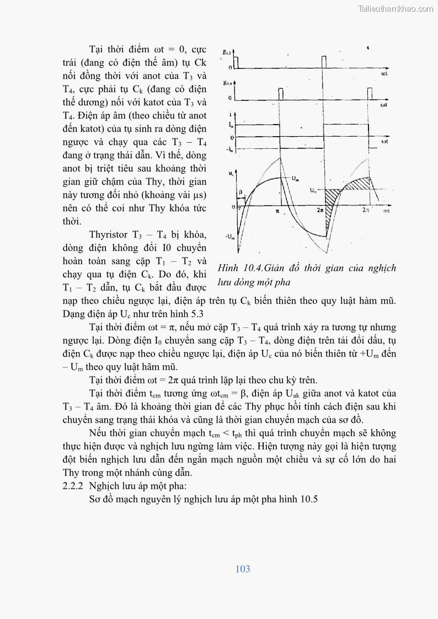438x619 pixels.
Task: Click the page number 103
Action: [242, 569]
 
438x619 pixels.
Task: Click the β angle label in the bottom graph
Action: [241, 192]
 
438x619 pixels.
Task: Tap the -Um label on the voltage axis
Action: [230, 236]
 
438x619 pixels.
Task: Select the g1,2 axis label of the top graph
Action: [226, 51]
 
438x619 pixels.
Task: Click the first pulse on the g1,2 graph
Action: [237, 61]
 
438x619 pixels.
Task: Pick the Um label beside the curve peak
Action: [296, 178]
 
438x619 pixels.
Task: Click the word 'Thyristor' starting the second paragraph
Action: [109, 234]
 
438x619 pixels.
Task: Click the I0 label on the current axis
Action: [231, 126]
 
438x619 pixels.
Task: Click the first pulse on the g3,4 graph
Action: [280, 94]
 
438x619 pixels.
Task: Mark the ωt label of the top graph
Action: [384, 73]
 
